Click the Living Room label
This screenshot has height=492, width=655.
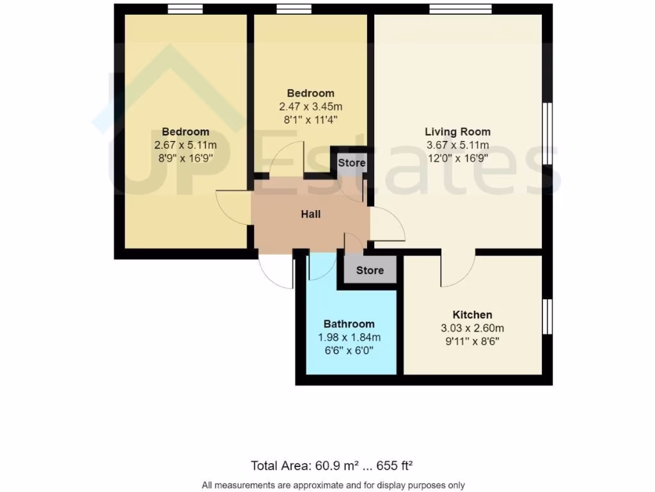click(457, 132)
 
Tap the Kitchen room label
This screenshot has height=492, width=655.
click(472, 315)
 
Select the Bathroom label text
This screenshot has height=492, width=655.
click(349, 324)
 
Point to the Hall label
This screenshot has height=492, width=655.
click(311, 214)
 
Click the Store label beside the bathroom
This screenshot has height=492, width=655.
click(370, 270)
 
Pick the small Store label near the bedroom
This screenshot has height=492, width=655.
click(352, 163)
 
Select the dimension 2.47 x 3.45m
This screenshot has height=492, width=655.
click(310, 106)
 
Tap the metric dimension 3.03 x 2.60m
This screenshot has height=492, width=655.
click(472, 328)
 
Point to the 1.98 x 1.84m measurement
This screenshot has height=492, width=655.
click(349, 337)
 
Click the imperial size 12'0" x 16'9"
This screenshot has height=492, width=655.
click(457, 158)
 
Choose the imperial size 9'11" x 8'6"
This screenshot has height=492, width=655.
click(472, 341)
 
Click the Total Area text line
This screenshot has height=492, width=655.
click(335, 465)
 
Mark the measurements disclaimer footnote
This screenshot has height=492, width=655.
click(333, 485)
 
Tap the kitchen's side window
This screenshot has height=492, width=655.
click(548, 316)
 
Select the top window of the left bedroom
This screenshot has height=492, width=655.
click(185, 9)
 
